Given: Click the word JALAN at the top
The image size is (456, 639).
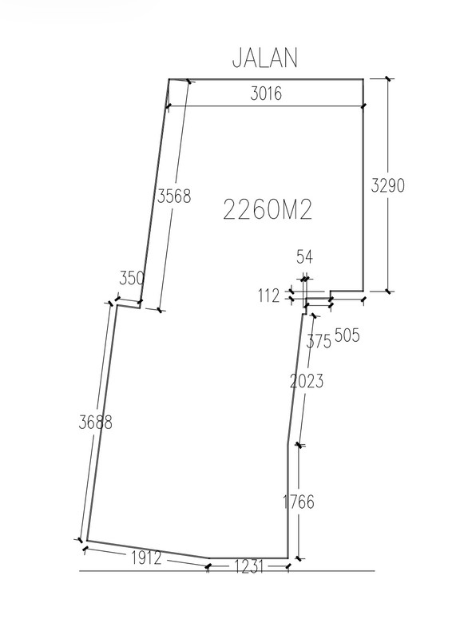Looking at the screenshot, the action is click(x=265, y=58).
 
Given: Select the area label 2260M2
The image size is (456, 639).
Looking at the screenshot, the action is click(x=268, y=210).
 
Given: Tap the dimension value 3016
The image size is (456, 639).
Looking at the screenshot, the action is click(x=266, y=93).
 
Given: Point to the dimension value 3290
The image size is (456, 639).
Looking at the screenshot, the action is click(x=387, y=185).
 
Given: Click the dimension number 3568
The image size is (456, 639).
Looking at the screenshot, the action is click(x=174, y=196).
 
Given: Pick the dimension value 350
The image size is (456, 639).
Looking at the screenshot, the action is click(x=132, y=278).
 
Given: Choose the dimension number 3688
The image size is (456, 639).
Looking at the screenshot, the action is click(x=95, y=423).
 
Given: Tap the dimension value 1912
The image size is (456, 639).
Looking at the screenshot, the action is click(x=146, y=558).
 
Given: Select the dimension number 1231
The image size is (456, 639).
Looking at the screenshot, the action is click(x=248, y=566).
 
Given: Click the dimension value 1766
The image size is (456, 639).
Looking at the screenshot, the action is click(x=299, y=502).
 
